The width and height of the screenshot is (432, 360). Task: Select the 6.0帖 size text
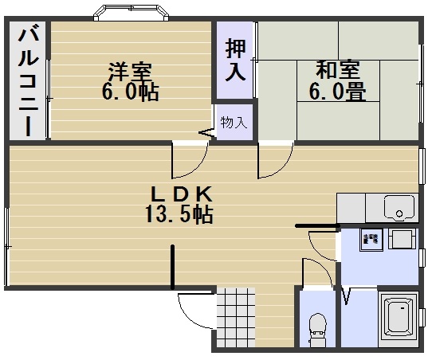coord(129,92)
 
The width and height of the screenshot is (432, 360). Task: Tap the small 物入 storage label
coord(234,123)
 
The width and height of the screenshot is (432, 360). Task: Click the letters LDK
coord(183,194)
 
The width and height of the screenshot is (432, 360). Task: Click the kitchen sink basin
coord(399,209)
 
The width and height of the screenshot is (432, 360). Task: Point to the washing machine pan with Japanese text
coord(371,240)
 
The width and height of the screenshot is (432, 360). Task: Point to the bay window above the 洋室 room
coord(132,14)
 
